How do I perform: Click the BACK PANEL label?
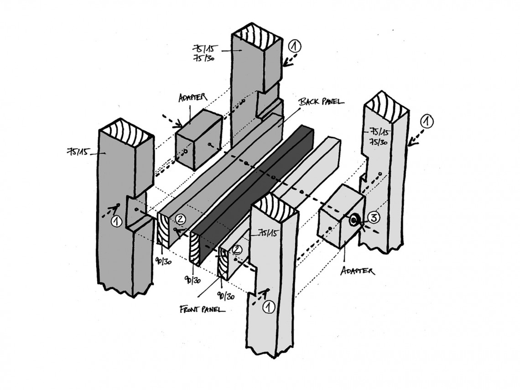point(322,101)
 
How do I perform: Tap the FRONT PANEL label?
point(202,309)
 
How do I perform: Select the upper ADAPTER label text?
point(192,98)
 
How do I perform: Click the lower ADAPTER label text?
point(357,271)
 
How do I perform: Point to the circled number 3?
point(373,218)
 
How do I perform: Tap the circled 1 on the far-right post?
point(427,121)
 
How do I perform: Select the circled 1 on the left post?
point(117,221)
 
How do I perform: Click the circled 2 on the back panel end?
point(181,219)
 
